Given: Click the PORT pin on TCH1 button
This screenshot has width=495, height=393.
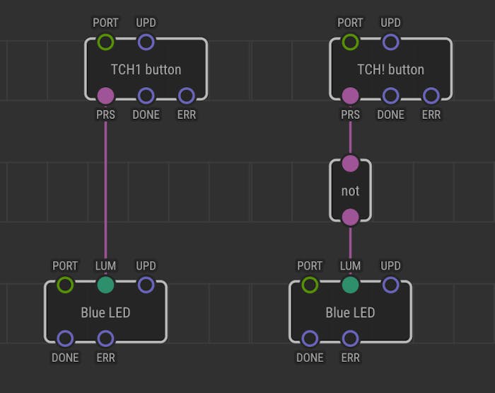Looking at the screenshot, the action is tap(105, 42).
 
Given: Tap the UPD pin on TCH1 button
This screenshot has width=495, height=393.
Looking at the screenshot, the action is tap(146, 42).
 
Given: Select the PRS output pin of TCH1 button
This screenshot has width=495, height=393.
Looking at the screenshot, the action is tap(105, 96).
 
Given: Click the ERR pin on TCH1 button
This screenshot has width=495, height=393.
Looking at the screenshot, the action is tap(186, 96).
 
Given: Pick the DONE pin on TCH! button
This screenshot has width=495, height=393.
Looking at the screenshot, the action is tap(391, 96).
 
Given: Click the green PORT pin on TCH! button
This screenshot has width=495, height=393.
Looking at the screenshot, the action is tap(350, 42).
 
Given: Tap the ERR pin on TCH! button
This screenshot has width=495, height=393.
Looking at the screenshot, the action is tap(431, 96).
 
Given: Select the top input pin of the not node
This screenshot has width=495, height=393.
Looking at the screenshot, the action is tap(350, 164).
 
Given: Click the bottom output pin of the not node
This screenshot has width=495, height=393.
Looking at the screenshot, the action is tap(350, 217).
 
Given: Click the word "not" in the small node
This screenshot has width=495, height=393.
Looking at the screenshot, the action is tap(350, 191).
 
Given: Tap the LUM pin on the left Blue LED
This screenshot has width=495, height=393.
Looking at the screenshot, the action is tap(105, 285).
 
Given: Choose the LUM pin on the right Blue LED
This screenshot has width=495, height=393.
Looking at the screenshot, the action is tap(350, 285).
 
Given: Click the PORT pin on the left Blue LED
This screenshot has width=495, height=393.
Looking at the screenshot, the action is tap(65, 285).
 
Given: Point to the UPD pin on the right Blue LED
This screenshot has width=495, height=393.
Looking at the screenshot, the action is tap(391, 285).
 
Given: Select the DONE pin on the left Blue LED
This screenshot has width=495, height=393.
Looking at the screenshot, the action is tap(65, 338).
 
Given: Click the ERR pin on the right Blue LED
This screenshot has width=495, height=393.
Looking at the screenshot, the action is tap(350, 338).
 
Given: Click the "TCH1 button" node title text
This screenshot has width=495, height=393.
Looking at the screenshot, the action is tap(146, 69).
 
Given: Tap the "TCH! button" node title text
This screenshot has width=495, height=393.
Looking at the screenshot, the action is tap(391, 69).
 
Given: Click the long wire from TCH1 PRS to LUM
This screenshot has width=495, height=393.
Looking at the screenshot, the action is tap(105, 190).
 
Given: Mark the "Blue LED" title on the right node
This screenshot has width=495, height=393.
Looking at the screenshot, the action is tap(350, 312).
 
